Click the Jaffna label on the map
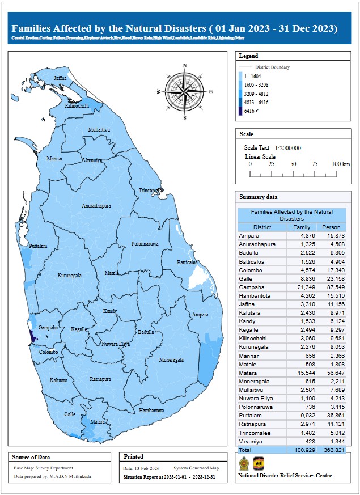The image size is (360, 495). pyautogui.click(x=60, y=78)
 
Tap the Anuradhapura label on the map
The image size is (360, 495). pyautogui.click(x=96, y=205)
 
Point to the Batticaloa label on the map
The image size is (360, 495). pyautogui.click(x=187, y=263)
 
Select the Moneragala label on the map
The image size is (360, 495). pyautogui.click(x=171, y=359)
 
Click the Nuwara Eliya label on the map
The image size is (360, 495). pyautogui.click(x=116, y=344)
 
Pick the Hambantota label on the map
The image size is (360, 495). pyautogui.click(x=151, y=410)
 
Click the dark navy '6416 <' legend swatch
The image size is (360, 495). pyautogui.click(x=240, y=111)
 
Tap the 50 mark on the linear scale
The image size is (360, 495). pyautogui.click(x=293, y=164)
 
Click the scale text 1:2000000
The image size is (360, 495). pyautogui.click(x=287, y=148)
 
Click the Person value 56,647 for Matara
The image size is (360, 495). pyautogui.click(x=332, y=373)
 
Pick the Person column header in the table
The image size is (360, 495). pyautogui.click(x=331, y=227)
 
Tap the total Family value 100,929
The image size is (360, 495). pyautogui.click(x=300, y=450)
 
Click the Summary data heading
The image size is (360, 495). pyautogui.click(x=259, y=197)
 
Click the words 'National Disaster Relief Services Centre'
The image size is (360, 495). pyautogui.click(x=285, y=476)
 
